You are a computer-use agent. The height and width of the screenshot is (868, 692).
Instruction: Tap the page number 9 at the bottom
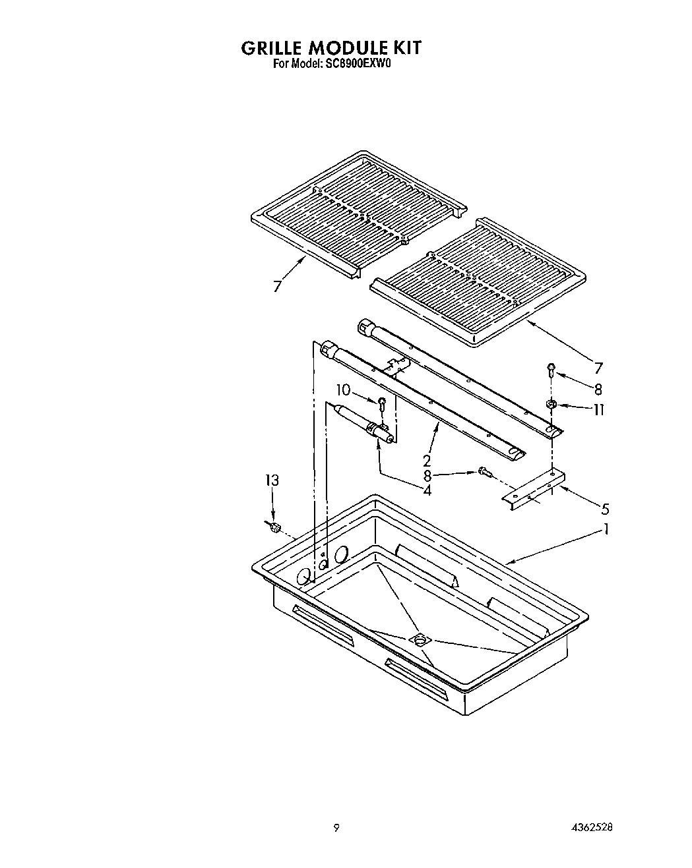336,828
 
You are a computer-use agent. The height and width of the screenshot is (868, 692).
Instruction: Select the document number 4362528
597,828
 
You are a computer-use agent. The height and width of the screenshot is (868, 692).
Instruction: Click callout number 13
272,480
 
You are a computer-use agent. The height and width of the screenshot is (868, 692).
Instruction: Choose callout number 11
598,409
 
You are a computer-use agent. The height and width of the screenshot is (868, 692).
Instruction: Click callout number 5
605,509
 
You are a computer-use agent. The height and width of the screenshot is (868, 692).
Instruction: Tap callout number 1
606,529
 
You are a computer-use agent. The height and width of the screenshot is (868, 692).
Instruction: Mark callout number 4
427,490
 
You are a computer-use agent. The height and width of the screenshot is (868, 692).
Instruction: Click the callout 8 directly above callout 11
598,389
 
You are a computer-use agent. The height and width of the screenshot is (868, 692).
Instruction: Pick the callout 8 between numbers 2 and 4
427,475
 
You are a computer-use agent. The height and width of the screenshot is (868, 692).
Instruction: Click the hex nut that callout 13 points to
276,526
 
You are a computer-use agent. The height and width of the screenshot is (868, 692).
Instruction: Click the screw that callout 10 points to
381,403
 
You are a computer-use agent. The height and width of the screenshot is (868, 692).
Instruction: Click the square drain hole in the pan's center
419,639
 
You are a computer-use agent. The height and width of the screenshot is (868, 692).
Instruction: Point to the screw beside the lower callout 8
485,472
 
